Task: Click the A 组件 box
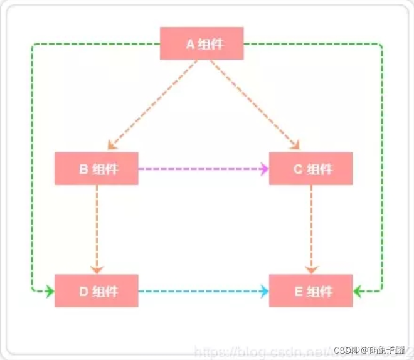[201, 43]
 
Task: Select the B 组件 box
[96, 168]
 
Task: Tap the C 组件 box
[310, 168]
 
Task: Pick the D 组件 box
[96, 291]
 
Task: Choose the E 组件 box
[310, 291]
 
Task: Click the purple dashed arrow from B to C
[201, 168]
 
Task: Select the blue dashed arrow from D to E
[201, 291]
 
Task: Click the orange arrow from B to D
[97, 229]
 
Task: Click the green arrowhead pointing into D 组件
[50, 291]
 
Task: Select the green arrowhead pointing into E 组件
[358, 291]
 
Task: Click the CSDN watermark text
[370, 349]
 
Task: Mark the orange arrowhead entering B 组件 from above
[112, 145]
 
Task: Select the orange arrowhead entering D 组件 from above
[97, 269]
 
